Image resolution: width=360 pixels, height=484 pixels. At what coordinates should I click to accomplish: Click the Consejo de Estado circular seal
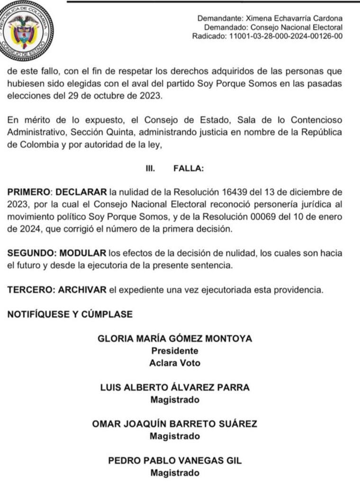click(x=26, y=29)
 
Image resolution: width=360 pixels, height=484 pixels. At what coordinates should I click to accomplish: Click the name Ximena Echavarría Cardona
click(x=294, y=18)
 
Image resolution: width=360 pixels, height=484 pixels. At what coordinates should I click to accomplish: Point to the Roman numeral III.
click(x=150, y=168)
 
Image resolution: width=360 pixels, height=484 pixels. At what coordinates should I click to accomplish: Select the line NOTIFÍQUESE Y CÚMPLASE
click(x=70, y=314)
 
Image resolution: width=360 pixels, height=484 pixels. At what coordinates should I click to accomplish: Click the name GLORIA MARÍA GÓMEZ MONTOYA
click(x=175, y=339)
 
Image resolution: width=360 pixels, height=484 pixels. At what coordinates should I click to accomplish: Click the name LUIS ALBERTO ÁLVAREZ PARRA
click(x=175, y=387)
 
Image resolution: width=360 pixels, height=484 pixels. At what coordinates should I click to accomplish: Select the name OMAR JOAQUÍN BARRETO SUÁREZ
click(x=175, y=424)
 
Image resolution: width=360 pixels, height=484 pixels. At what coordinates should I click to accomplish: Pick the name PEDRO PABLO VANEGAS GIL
click(x=175, y=460)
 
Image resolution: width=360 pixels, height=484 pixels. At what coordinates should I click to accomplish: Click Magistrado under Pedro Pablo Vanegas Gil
click(x=175, y=473)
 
